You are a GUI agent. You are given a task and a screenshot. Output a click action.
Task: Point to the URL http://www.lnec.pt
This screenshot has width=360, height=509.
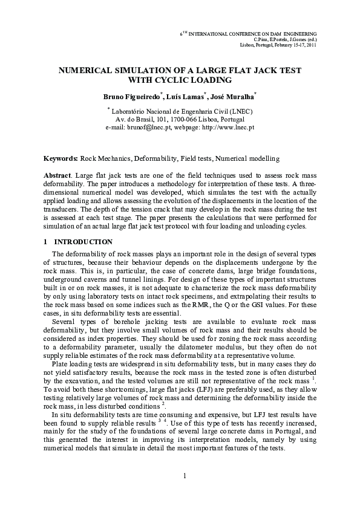(x=227, y=128)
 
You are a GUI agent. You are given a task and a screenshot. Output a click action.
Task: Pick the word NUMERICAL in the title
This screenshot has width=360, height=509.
(x=86, y=71)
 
